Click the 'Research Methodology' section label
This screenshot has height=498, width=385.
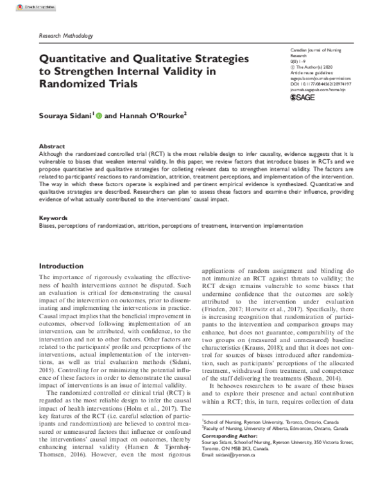66,37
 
